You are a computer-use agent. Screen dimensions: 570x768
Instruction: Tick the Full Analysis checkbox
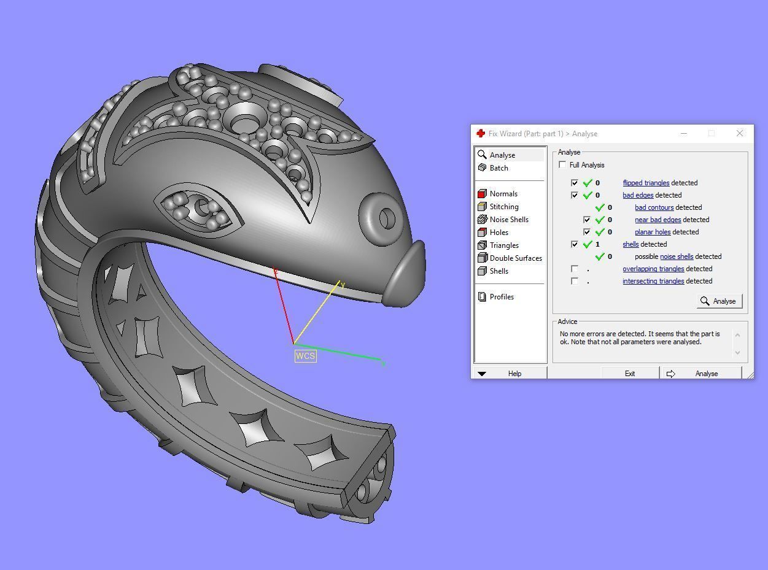pyautogui.click(x=562, y=165)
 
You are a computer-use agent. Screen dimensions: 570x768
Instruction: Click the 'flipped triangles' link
pyautogui.click(x=646, y=183)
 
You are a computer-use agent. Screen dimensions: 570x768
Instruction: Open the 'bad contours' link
pyautogui.click(x=654, y=207)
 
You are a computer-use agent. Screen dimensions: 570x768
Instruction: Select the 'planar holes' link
pyautogui.click(x=653, y=232)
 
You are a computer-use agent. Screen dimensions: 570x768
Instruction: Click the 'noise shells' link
pyautogui.click(x=677, y=256)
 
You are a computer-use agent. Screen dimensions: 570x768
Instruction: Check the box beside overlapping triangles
pyautogui.click(x=575, y=269)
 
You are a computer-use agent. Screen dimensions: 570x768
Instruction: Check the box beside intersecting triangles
pyautogui.click(x=575, y=281)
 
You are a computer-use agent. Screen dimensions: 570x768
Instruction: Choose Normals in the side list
pyautogui.click(x=503, y=194)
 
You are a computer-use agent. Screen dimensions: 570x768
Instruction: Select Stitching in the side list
pyautogui.click(x=504, y=207)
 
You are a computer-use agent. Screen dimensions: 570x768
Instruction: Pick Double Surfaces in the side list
pyautogui.click(x=516, y=258)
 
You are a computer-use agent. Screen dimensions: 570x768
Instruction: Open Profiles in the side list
pyautogui.click(x=502, y=297)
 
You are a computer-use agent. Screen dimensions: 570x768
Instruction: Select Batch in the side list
pyautogui.click(x=498, y=168)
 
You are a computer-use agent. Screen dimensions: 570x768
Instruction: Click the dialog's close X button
pyautogui.click(x=740, y=133)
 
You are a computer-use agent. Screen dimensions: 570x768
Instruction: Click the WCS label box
pyautogui.click(x=306, y=356)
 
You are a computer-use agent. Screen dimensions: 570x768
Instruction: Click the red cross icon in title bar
pyautogui.click(x=481, y=133)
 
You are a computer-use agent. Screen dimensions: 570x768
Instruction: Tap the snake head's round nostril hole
pyautogui.click(x=387, y=218)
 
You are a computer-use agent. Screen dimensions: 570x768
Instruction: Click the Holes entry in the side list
pyautogui.click(x=498, y=233)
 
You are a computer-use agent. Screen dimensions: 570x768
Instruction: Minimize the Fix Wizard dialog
pyautogui.click(x=685, y=133)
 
